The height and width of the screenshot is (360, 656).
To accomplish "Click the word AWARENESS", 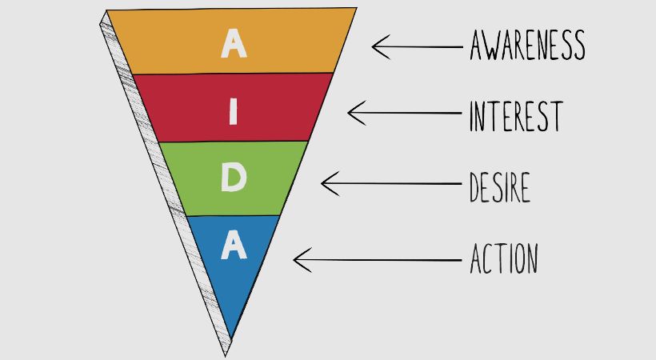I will pyautogui.click(x=527, y=46).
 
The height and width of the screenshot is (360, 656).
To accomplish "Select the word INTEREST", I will pyautogui.click(x=516, y=116).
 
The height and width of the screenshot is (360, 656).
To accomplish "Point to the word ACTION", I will pyautogui.click(x=503, y=259).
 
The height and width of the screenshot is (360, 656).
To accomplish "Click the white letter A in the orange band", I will pyautogui.click(x=233, y=43).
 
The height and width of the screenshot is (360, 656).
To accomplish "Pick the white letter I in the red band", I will pyautogui.click(x=233, y=112).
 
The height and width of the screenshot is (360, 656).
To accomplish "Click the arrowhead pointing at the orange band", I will pyautogui.click(x=376, y=46).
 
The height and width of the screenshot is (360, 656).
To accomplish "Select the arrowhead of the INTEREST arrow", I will pyautogui.click(x=351, y=112).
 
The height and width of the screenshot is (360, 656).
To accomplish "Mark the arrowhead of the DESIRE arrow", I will pyautogui.click(x=325, y=184).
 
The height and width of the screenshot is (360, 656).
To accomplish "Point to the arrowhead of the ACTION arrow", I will pyautogui.click(x=298, y=259).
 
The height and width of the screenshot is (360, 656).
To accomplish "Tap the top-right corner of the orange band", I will pyautogui.click(x=356, y=8).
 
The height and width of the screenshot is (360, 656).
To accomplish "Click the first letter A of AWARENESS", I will pyautogui.click(x=478, y=46).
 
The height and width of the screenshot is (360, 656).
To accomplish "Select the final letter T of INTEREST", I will pyautogui.click(x=555, y=116).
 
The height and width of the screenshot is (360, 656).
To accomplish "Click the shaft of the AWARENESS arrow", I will pyautogui.click(x=424, y=46).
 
